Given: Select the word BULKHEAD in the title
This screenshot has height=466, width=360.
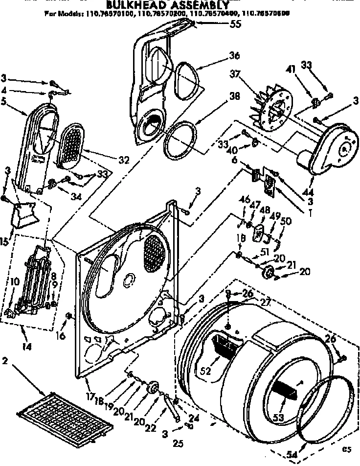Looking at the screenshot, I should click(134, 5).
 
